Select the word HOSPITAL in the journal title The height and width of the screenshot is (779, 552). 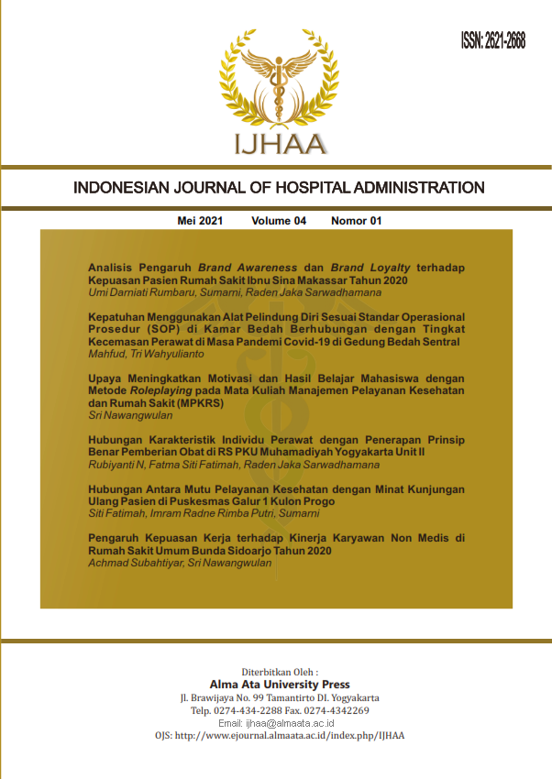click(x=299, y=188)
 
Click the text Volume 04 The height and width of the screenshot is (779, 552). click(x=278, y=221)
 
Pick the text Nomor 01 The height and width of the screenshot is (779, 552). click(x=356, y=221)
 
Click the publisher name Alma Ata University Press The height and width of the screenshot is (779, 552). click(x=280, y=685)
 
